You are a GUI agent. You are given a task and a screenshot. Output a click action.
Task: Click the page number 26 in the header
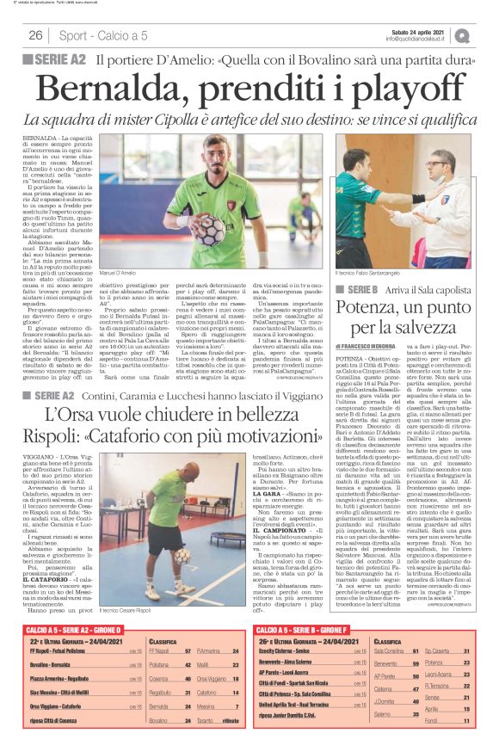tap(36, 35)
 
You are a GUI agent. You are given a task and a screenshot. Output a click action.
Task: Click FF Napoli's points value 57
tap(186, 654)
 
